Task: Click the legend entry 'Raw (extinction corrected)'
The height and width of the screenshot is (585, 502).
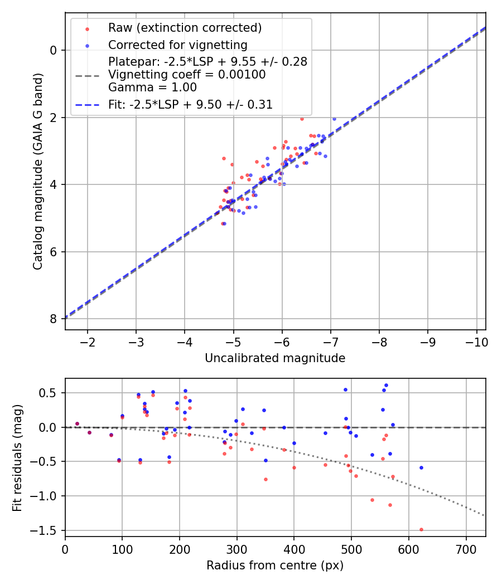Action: (x=185, y=28)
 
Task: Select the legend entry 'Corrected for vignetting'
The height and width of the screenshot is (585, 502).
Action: (x=177, y=45)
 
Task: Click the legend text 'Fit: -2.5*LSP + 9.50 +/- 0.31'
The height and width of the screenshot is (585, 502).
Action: (x=190, y=104)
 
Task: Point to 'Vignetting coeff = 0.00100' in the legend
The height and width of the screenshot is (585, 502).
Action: (x=187, y=75)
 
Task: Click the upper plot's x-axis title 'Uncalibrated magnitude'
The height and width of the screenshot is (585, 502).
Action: (x=275, y=358)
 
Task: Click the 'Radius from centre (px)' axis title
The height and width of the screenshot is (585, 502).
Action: (x=275, y=565)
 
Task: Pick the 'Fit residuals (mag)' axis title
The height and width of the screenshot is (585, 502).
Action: (x=18, y=457)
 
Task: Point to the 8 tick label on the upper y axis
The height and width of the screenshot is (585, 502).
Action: (x=54, y=319)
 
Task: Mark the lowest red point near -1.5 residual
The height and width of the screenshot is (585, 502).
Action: (x=421, y=529)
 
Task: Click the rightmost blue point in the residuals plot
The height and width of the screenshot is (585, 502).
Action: (x=421, y=467)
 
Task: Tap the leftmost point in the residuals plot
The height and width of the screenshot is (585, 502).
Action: (x=77, y=423)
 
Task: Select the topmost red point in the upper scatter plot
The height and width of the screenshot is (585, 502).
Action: (x=302, y=119)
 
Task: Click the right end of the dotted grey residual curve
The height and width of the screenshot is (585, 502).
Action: (x=484, y=516)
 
